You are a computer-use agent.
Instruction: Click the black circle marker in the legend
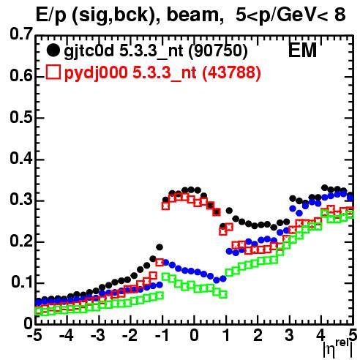click(x=53, y=50)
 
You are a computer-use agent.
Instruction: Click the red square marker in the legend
click(x=53, y=72)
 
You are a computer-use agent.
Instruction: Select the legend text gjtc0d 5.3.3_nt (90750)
click(x=156, y=51)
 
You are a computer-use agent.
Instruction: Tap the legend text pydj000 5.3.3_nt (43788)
click(x=162, y=73)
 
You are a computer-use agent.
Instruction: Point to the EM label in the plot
click(x=302, y=50)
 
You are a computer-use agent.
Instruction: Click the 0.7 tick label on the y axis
click(x=21, y=34)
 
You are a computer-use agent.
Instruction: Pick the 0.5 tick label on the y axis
click(x=21, y=118)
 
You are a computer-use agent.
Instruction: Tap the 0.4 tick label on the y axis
click(x=21, y=159)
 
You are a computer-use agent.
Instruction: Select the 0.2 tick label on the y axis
click(x=21, y=241)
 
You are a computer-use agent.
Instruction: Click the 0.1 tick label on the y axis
click(x=22, y=282)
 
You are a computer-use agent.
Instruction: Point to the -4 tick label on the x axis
click(x=67, y=336)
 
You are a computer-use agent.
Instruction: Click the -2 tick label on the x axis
click(x=130, y=336)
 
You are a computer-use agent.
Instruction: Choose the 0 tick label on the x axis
click(x=194, y=336)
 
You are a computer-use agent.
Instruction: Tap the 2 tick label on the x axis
click(x=258, y=336)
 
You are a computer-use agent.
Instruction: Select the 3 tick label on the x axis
click(x=290, y=336)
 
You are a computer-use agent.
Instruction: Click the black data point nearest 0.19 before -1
click(x=160, y=247)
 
